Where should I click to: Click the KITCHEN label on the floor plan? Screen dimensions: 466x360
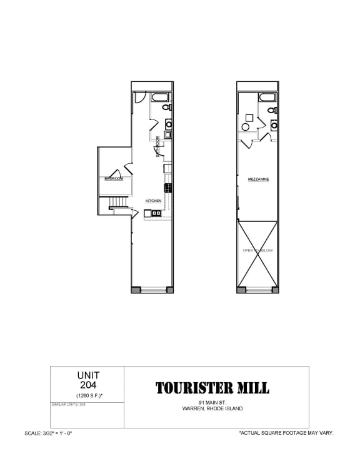[154, 201]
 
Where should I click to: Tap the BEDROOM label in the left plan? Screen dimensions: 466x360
[114, 179]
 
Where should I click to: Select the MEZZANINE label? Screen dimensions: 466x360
[258, 179]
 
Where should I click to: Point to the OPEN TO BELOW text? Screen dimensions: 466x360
[258, 250]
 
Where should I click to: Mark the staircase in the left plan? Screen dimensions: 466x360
[117, 202]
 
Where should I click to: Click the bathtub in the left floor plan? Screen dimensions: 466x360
[159, 98]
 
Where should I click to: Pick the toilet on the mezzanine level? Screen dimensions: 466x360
[272, 110]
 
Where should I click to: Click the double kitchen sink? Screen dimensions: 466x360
[156, 214]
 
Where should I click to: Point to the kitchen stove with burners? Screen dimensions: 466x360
[168, 188]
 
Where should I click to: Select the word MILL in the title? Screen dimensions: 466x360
[254, 388]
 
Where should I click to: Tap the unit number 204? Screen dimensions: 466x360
[88, 385]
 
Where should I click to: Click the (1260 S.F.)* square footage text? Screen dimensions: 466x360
[88, 396]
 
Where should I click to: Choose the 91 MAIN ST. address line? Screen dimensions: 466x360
[212, 402]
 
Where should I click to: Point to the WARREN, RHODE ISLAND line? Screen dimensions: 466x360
[212, 409]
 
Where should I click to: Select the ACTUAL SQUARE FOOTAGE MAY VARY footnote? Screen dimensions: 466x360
[286, 433]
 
